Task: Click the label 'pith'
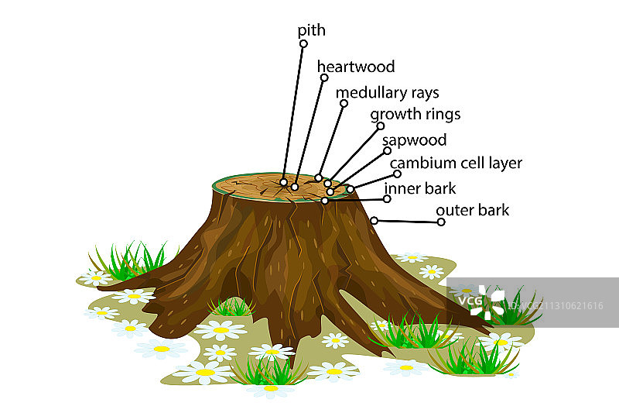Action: pos(311,31)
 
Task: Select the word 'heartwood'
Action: pos(356,67)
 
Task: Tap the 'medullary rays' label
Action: pos(387,93)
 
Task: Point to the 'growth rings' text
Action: pos(415,115)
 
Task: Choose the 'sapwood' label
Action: pos(414,140)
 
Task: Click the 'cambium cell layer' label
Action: pos(456,163)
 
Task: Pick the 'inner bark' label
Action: pos(420,188)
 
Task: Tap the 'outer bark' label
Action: pos(472,210)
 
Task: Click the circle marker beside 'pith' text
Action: pos(303,44)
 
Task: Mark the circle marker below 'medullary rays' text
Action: pos(344,103)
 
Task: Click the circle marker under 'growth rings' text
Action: pos(380,126)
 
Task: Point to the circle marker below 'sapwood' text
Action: pos(387,150)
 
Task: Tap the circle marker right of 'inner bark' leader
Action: pos(387,198)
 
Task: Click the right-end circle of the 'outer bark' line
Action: pos(441,222)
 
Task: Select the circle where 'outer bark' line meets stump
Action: pos(374,221)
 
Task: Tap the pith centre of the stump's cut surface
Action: pos(284,183)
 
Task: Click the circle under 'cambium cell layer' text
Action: pos(397,174)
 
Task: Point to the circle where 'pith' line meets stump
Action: pos(284,183)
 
